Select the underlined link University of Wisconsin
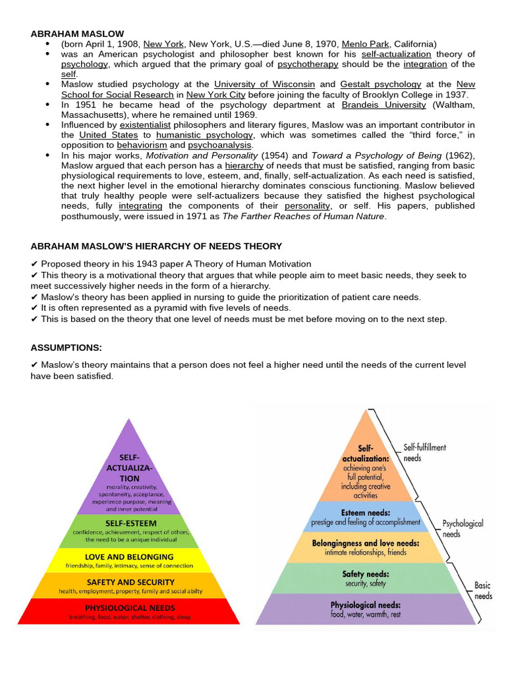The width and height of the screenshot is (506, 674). coord(264,84)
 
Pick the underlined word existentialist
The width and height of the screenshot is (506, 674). coord(150,124)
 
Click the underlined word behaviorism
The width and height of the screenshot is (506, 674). coord(142,145)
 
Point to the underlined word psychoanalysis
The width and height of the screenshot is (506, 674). coord(220,145)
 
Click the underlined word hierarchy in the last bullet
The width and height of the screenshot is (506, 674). coord(244,165)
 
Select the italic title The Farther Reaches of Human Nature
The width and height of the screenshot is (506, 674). coord(303,216)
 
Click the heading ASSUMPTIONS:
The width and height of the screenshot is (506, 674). coord(66,348)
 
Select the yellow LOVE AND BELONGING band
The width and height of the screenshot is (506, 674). coord(129,561)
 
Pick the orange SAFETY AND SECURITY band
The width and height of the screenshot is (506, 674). coord(129,586)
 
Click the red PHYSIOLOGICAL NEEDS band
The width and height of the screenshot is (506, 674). coord(129,611)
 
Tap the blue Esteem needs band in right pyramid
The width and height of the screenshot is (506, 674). coord(365,517)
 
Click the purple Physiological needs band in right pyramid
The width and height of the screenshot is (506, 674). coord(365,609)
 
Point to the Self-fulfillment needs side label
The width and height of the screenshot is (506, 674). coord(424,452)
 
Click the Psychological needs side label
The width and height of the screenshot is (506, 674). coord(463,529)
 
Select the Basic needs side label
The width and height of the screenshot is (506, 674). coord(483,590)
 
